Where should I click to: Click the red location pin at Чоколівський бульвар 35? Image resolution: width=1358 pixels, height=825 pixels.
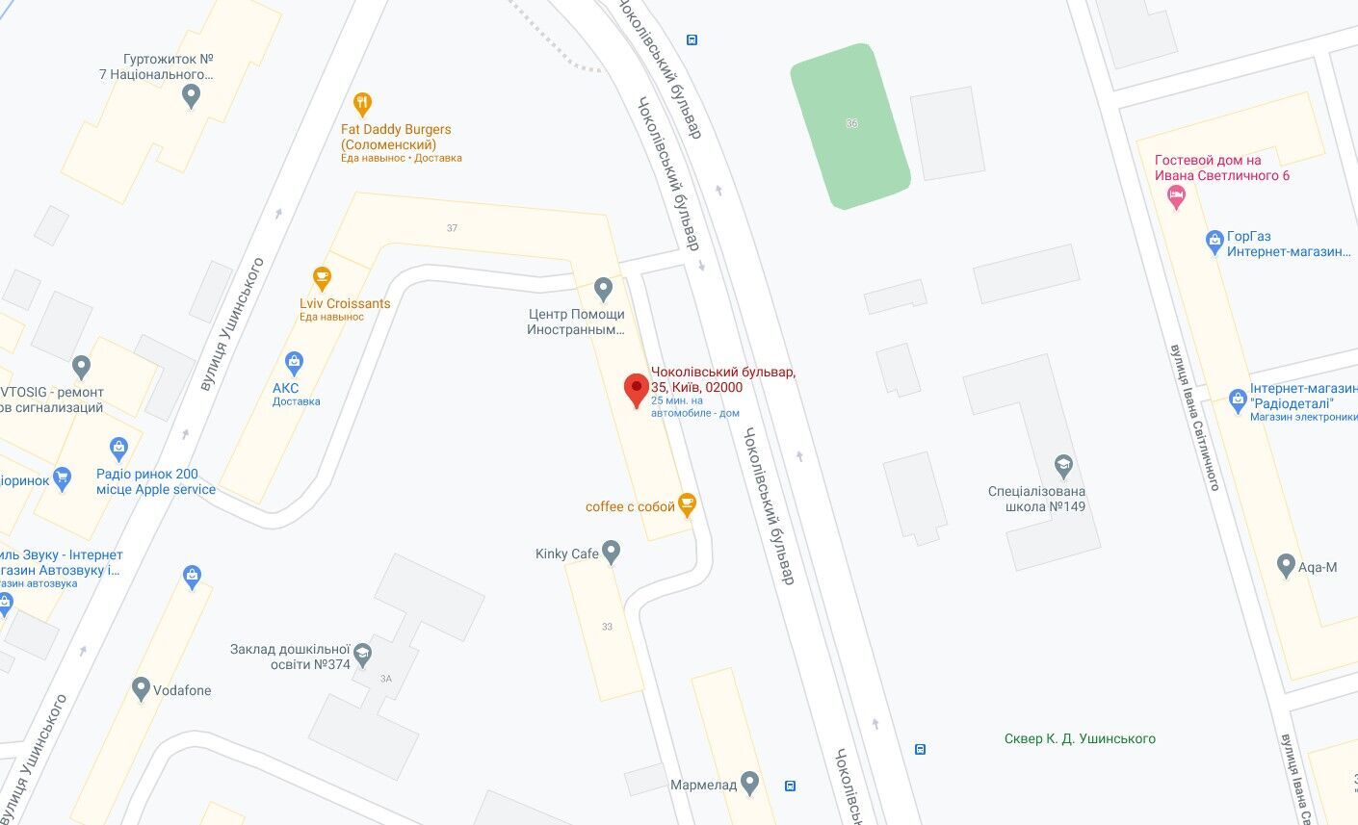click(636, 389)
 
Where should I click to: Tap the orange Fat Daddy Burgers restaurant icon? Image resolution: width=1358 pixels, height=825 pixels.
click(362, 103)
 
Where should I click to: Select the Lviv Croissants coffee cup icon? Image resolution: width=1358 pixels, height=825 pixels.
click(321, 278)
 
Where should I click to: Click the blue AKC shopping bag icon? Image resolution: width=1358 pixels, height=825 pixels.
click(295, 363)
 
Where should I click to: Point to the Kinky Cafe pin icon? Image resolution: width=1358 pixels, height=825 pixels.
click(610, 553)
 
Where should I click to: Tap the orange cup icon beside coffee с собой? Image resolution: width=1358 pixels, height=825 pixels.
click(686, 503)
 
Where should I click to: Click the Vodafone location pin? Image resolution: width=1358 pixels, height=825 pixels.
click(141, 689)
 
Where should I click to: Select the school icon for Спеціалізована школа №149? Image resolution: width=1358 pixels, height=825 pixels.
click(1063, 466)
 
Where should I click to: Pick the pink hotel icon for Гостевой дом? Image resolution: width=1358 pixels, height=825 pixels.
click(1175, 197)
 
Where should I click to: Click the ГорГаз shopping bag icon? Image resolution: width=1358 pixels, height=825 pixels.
click(1214, 241)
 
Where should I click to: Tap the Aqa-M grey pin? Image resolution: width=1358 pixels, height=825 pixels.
click(1285, 565)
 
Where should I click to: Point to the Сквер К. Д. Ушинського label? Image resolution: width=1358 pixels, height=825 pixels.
click(1079, 738)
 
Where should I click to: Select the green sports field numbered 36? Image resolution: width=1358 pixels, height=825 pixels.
click(849, 125)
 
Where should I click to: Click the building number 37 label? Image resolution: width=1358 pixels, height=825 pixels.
click(452, 228)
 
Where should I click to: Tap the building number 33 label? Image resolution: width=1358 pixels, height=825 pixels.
click(607, 627)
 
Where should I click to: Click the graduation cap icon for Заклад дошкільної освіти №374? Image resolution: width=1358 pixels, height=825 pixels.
click(362, 653)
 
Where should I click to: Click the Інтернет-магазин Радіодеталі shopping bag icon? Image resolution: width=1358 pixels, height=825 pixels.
click(1239, 399)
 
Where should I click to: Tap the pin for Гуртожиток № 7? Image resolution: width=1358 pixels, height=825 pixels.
click(191, 94)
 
